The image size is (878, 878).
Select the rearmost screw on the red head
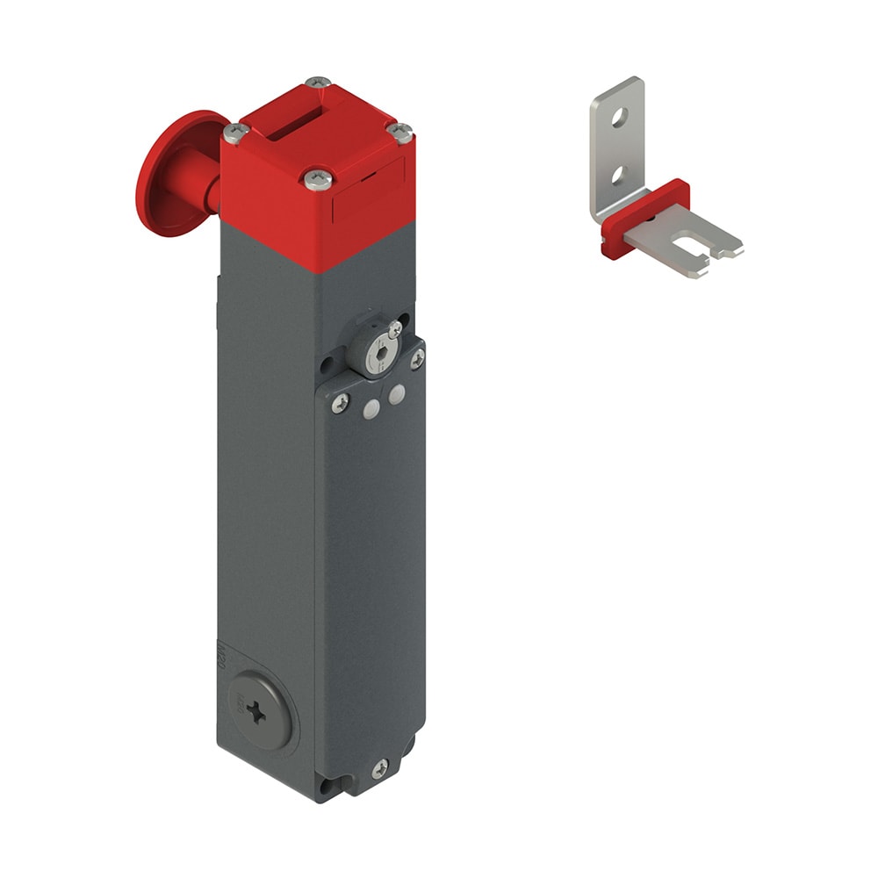[x=318, y=84]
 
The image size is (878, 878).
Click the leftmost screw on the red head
[x=233, y=133]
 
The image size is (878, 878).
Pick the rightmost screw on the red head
[x=400, y=133]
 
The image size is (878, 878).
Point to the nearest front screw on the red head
[x=318, y=180]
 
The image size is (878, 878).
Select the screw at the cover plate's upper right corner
[x=418, y=356]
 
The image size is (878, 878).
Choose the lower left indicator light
[x=370, y=407]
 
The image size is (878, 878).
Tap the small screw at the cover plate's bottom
[x=379, y=769]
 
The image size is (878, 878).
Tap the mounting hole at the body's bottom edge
[x=327, y=787]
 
